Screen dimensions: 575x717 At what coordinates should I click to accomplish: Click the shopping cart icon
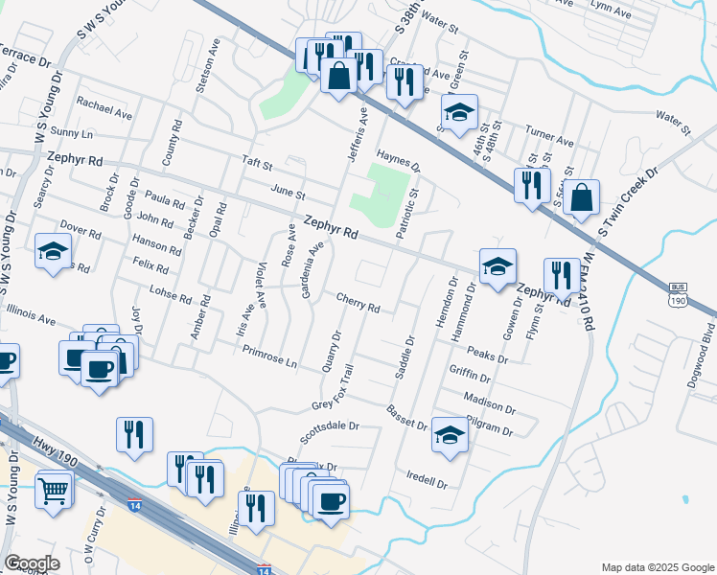55,492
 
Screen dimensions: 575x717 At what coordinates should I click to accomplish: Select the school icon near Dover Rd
53,252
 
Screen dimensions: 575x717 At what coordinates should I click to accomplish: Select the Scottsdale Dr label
328,425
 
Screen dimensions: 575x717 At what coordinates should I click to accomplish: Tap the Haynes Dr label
399,159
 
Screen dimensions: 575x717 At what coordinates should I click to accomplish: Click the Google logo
32,563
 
